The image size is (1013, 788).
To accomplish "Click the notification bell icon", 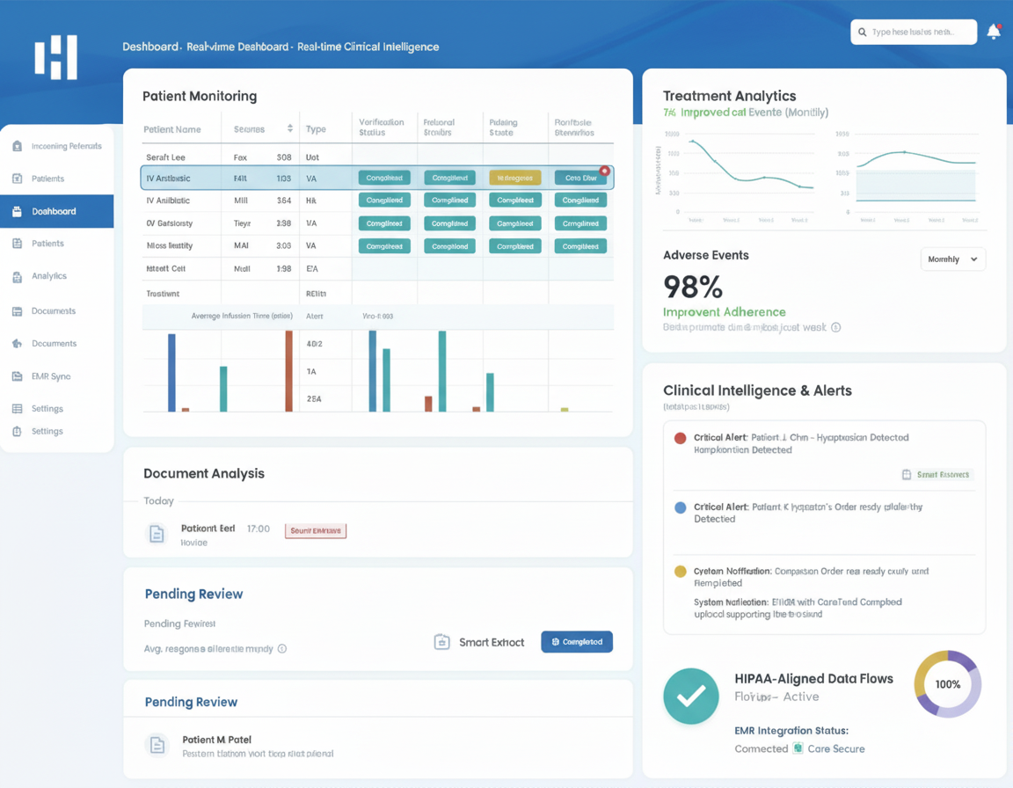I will point(994,32).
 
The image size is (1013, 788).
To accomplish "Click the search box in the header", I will point(914,32).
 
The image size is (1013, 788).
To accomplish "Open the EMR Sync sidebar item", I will point(51,376).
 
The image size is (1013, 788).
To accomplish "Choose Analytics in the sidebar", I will point(48,276).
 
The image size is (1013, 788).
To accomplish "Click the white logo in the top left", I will point(56,57).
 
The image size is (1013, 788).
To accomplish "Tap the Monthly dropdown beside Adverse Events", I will point(952,259).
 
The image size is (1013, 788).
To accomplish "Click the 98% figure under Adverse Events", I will point(693,287).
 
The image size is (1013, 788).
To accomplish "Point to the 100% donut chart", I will point(948,684).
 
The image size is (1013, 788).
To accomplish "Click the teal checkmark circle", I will point(691,696).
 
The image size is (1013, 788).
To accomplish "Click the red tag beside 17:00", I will point(316,530).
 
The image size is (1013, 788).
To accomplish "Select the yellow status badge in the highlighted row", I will point(514,178).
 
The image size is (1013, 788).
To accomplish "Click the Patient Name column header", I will point(172,129).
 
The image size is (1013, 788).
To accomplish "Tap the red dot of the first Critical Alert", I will point(680,438).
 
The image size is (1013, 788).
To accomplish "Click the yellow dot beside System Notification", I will point(680,572).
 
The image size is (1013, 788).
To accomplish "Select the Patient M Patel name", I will point(216,740).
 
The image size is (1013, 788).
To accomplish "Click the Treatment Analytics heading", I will point(729,96).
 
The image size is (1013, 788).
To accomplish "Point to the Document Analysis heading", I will point(204,473).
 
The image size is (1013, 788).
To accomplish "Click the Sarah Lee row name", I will point(165,157).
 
